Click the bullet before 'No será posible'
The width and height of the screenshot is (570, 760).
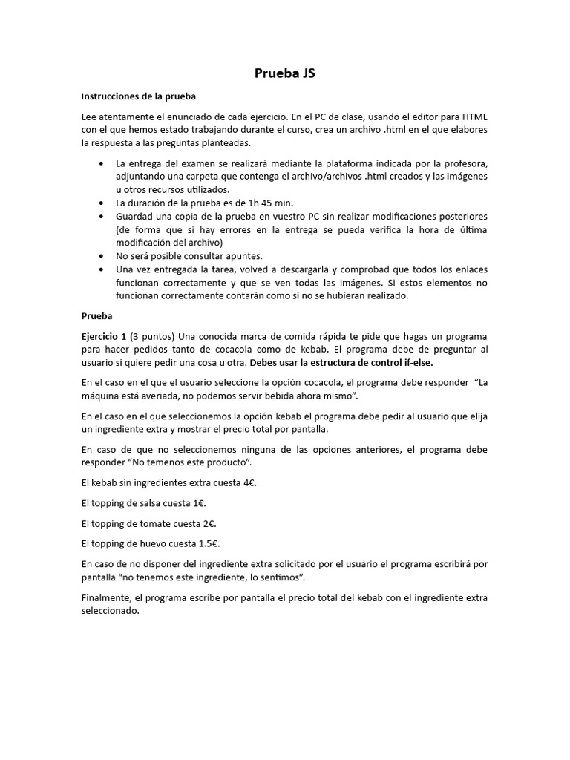(101, 255)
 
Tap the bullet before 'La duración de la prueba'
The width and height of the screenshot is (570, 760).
(101, 203)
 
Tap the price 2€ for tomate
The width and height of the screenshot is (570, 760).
(208, 523)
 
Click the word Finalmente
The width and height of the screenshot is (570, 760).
(107, 597)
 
